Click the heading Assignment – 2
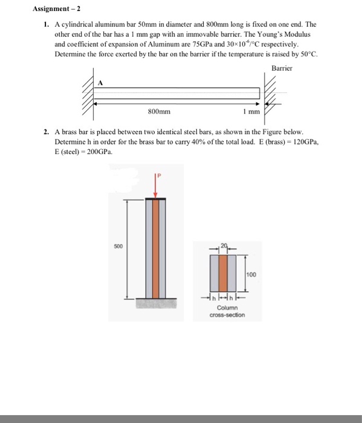tap(56, 9)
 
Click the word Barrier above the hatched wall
tap(282, 68)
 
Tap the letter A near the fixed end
tap(100, 83)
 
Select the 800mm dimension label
tap(159, 111)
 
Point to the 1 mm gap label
tap(251, 111)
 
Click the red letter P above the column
tap(159, 176)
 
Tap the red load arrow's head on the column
tap(155, 195)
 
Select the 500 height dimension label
tap(118, 247)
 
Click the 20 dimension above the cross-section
tap(224, 245)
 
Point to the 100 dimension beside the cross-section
tap(251, 274)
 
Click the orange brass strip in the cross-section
tap(223, 273)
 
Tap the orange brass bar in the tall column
tap(156, 249)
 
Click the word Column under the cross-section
tap(227, 308)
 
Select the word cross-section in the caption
tap(227, 315)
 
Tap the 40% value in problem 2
tap(198, 142)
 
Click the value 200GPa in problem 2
tap(99, 152)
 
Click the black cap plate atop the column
tap(156, 199)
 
